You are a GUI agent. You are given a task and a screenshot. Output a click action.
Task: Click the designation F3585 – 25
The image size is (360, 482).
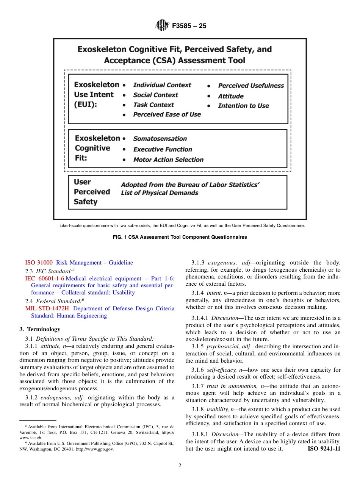click(x=189, y=26)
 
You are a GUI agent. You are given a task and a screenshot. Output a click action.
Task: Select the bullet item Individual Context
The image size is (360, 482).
click(x=162, y=85)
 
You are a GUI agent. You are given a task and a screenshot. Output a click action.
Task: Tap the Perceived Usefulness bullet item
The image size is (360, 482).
click(x=250, y=86)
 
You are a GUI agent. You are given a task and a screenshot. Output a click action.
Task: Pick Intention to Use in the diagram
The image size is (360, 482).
click(x=243, y=106)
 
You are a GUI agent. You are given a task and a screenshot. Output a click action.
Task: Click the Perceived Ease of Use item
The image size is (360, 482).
click(x=167, y=114)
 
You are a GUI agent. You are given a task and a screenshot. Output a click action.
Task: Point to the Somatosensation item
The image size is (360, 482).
click(x=160, y=139)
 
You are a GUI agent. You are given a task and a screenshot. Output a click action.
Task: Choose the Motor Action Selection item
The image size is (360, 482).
click(x=168, y=160)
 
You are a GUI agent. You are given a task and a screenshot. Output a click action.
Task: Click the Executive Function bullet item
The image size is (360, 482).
click(x=162, y=150)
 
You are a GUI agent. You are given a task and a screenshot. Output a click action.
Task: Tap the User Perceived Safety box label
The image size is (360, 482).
click(x=92, y=192)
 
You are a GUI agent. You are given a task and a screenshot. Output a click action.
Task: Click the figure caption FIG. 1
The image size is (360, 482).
click(x=180, y=237)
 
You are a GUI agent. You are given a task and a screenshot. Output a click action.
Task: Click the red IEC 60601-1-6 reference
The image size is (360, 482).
click(x=45, y=279)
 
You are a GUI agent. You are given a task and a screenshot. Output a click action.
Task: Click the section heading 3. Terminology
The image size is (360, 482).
click(x=40, y=329)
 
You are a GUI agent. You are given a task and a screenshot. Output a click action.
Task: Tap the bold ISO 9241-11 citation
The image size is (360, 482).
click(x=324, y=449)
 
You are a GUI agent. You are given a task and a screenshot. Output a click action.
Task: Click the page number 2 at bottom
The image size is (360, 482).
click(x=180, y=466)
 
